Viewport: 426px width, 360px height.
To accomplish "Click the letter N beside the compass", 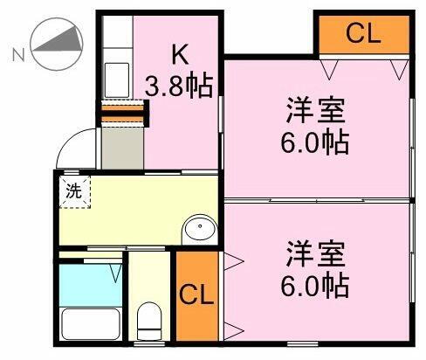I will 17,55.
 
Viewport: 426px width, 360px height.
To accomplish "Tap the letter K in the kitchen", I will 179,55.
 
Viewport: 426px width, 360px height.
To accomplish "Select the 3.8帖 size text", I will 179,87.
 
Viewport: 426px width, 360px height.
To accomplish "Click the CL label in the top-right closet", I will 363,34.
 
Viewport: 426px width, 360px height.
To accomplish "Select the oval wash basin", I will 200,230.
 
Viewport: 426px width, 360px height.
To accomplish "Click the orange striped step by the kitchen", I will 122,111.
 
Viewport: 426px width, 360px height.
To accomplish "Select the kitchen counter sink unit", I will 114,66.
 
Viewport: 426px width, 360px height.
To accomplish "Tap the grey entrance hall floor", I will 121,146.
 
